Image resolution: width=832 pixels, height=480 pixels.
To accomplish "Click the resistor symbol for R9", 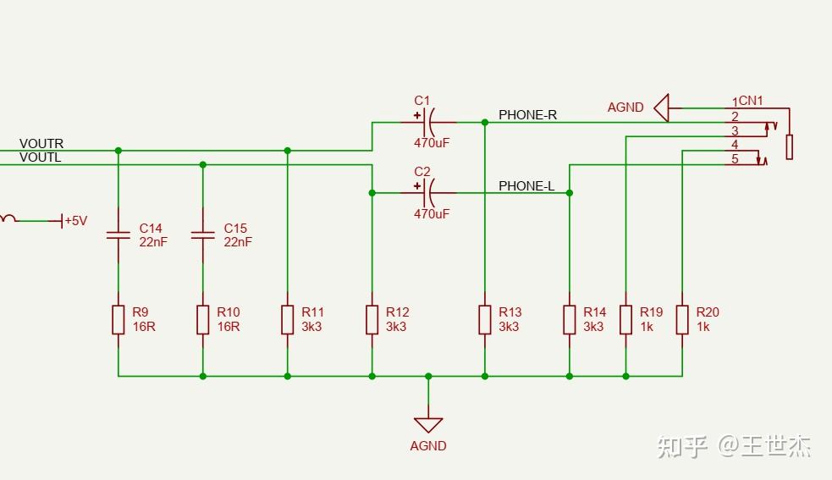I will [x=118, y=320].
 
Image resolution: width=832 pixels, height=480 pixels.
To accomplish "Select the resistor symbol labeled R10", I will [x=203, y=320].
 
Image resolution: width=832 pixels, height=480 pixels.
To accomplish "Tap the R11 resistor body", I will [x=288, y=320].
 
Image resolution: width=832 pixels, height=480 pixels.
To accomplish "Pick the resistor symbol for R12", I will [x=372, y=320].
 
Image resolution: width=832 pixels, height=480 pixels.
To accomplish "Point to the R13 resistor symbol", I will [x=485, y=320].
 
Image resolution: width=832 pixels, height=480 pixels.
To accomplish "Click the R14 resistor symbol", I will [x=570, y=320].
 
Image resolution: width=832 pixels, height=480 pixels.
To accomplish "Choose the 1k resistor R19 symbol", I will [x=626, y=320].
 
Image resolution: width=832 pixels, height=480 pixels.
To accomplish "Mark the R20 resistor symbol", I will [x=682, y=320].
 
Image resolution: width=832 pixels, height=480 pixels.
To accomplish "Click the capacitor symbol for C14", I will [x=118, y=234].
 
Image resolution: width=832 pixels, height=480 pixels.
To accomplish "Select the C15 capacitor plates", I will [x=203, y=234].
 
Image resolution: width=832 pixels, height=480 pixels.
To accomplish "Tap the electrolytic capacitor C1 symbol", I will [x=429, y=122].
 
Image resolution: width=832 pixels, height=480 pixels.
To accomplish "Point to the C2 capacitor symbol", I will [x=429, y=193].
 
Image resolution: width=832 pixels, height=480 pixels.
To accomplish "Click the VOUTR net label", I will [x=41, y=144].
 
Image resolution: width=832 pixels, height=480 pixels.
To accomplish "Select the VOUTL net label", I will [x=41, y=157].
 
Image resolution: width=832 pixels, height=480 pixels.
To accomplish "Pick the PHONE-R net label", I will [x=527, y=115].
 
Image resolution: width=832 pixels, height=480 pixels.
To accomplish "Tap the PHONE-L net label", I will [x=526, y=186].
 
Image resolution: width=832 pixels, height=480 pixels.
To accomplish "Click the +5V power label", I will [x=75, y=221].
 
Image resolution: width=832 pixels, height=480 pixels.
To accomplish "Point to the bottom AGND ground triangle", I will [x=428, y=424].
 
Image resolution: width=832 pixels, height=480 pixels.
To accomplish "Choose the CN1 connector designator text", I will [x=751, y=101].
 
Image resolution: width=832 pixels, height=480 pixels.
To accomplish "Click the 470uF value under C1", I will [x=432, y=143].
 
